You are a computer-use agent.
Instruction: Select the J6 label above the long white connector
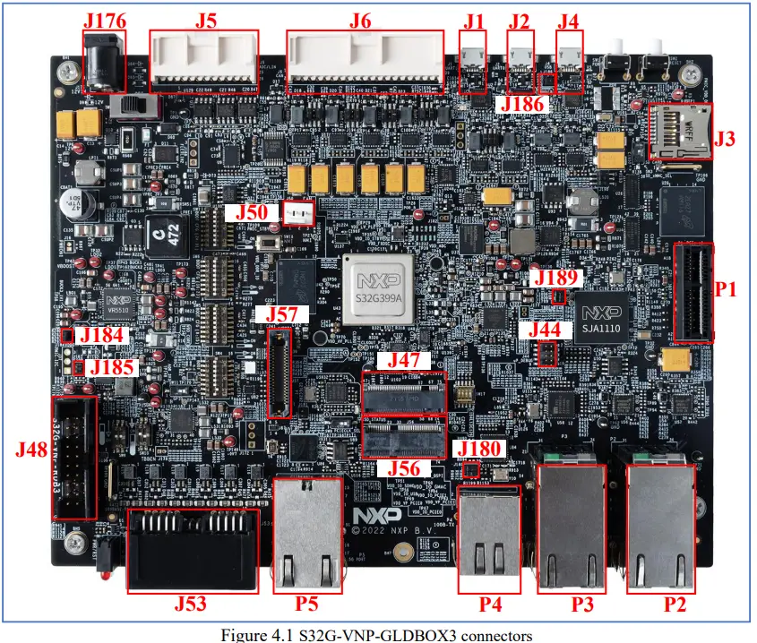[x=361, y=19]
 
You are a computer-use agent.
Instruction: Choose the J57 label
[x=281, y=314]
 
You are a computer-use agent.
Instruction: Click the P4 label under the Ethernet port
[x=490, y=604]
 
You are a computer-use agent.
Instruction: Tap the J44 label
[x=546, y=330]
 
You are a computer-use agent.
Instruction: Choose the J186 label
[x=524, y=106]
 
